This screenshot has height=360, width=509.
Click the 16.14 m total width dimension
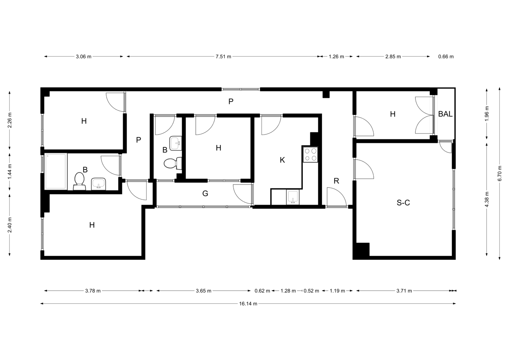tap(248, 304)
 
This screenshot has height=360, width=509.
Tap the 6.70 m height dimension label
tap(500, 173)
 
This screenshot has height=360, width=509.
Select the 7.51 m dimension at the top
tap(223, 56)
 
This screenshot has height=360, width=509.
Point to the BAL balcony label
tap(445, 114)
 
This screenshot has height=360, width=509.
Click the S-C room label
tap(403, 202)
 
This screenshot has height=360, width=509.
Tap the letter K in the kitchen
tap(282, 160)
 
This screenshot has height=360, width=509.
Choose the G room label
tap(205, 193)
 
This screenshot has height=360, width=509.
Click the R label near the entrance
tap(336, 181)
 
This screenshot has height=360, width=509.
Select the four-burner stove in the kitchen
tap(310, 155)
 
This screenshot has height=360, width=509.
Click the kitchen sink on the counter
tap(293, 197)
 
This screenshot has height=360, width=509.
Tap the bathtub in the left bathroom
tap(56, 171)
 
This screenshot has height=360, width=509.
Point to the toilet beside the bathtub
tap(79, 181)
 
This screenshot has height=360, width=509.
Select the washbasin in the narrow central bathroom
tap(176, 143)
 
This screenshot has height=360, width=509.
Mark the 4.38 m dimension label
tap(487, 199)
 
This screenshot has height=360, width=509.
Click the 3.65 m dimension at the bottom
tap(204, 291)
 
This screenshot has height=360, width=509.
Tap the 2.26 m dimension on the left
tap(10, 120)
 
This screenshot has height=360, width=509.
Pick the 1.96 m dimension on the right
tap(487, 114)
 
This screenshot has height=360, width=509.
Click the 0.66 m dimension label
tap(446, 56)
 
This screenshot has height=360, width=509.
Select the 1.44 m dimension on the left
tap(10, 171)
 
